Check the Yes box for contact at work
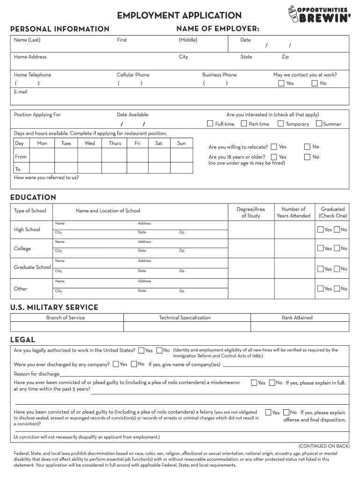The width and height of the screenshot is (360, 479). pyautogui.click(x=281, y=83)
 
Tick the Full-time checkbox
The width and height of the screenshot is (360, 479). pyautogui.click(x=210, y=124)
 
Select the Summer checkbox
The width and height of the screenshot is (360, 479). pyautogui.click(x=319, y=124)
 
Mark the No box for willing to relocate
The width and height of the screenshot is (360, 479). pyautogui.click(x=307, y=147)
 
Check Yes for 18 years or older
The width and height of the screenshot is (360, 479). pyautogui.click(x=274, y=157)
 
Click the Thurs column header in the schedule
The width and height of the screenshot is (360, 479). pyautogui.click(x=115, y=144)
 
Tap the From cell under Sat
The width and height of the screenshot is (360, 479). pyautogui.click(x=159, y=157)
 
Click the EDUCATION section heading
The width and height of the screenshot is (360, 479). pyautogui.click(x=33, y=197)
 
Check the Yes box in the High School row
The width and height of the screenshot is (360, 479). pyautogui.click(x=320, y=230)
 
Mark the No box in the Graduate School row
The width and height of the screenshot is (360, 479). pyautogui.click(x=337, y=269)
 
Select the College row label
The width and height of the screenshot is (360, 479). pyautogui.click(x=22, y=249)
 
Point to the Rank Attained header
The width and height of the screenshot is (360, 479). pyautogui.click(x=297, y=318)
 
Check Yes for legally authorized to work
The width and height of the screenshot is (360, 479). pyautogui.click(x=141, y=350)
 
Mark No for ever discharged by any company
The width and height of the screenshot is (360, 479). pyautogui.click(x=134, y=364)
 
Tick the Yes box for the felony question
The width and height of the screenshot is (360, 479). pyautogui.click(x=268, y=413)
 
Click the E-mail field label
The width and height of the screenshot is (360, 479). pyautogui.click(x=21, y=92)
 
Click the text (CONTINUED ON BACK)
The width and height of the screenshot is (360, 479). pyautogui.click(x=324, y=446)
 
